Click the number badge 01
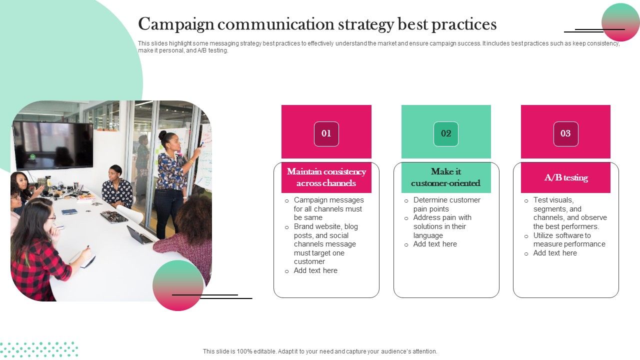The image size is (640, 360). (x=326, y=133)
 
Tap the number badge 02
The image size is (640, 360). (x=446, y=133)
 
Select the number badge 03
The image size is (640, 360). (x=565, y=133)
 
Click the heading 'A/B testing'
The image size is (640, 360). (x=566, y=177)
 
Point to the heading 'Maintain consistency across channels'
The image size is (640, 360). (x=326, y=177)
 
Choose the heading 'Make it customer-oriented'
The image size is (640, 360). (x=445, y=177)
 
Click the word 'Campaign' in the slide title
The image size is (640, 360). (x=176, y=24)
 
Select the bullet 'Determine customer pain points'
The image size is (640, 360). (x=446, y=204)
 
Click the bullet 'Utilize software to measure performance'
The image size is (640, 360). (x=569, y=239)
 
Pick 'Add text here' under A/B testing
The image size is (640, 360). (x=555, y=253)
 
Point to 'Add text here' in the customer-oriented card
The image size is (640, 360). (x=435, y=244)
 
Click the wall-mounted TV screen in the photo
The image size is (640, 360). (x=53, y=145)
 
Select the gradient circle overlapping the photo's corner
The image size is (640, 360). (x=178, y=285)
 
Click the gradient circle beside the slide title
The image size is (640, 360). (x=620, y=22)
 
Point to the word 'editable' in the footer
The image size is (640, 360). (x=265, y=351)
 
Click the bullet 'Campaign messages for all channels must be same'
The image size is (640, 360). (x=328, y=209)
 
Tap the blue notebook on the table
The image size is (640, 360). (x=69, y=212)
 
